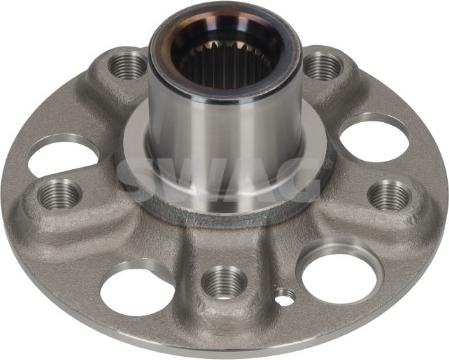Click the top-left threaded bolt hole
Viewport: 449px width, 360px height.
tap(128, 66)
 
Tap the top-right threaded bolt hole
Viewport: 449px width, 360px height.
tap(323, 66)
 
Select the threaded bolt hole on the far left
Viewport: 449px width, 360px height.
tap(60, 195)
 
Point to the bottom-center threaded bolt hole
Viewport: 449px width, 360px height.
tap(224, 282)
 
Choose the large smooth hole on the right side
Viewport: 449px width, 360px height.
tap(374, 141)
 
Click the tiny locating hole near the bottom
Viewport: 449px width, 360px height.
tap(286, 296)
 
